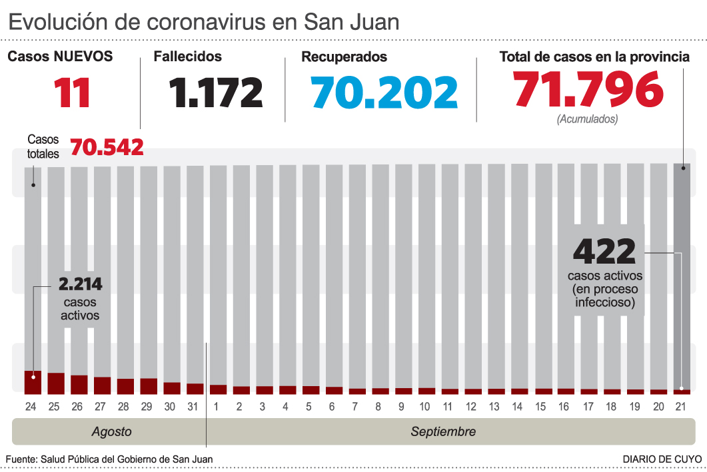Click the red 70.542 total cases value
pyautogui.click(x=107, y=146)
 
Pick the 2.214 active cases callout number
pyautogui.click(x=80, y=284)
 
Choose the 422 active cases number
pyautogui.click(x=604, y=252)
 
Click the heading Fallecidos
pyautogui.click(x=188, y=57)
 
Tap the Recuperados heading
pyautogui.click(x=344, y=57)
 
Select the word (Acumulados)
pyautogui.click(x=587, y=120)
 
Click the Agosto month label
pyautogui.click(x=111, y=431)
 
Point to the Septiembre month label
pyautogui.click(x=443, y=431)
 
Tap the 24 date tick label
pyautogui.click(x=31, y=406)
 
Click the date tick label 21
pyautogui.click(x=681, y=406)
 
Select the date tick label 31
pyautogui.click(x=194, y=406)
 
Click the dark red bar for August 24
pyautogui.click(x=33, y=382)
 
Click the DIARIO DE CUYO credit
pyautogui.click(x=662, y=459)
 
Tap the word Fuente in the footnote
pyautogui.click(x=21, y=459)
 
